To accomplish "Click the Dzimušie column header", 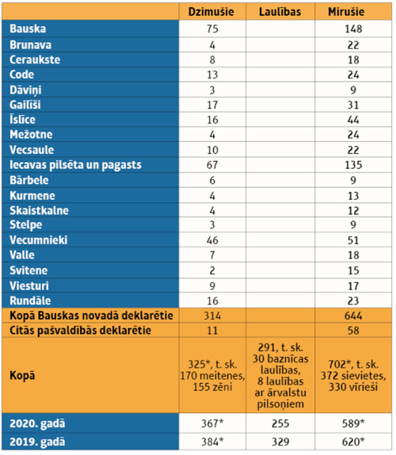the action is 211,12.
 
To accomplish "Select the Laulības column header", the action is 280,12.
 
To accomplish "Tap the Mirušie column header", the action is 346,12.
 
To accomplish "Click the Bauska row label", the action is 28,29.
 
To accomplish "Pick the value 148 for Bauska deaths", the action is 353,29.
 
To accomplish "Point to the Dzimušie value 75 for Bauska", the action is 212,29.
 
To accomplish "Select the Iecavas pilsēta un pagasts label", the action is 75,165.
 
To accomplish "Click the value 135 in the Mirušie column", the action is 353,165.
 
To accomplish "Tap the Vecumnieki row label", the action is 39,240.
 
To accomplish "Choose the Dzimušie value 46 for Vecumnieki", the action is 212,240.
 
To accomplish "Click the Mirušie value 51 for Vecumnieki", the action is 353,240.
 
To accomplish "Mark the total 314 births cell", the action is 212,315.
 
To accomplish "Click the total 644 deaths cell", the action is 353,315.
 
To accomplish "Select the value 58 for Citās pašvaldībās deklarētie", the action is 353,331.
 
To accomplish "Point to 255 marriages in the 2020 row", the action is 280,423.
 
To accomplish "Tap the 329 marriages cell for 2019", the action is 280,442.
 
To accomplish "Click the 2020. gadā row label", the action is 37,423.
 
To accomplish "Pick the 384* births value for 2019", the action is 212,442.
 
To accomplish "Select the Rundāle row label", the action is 30,300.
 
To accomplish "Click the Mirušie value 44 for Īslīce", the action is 353,120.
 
